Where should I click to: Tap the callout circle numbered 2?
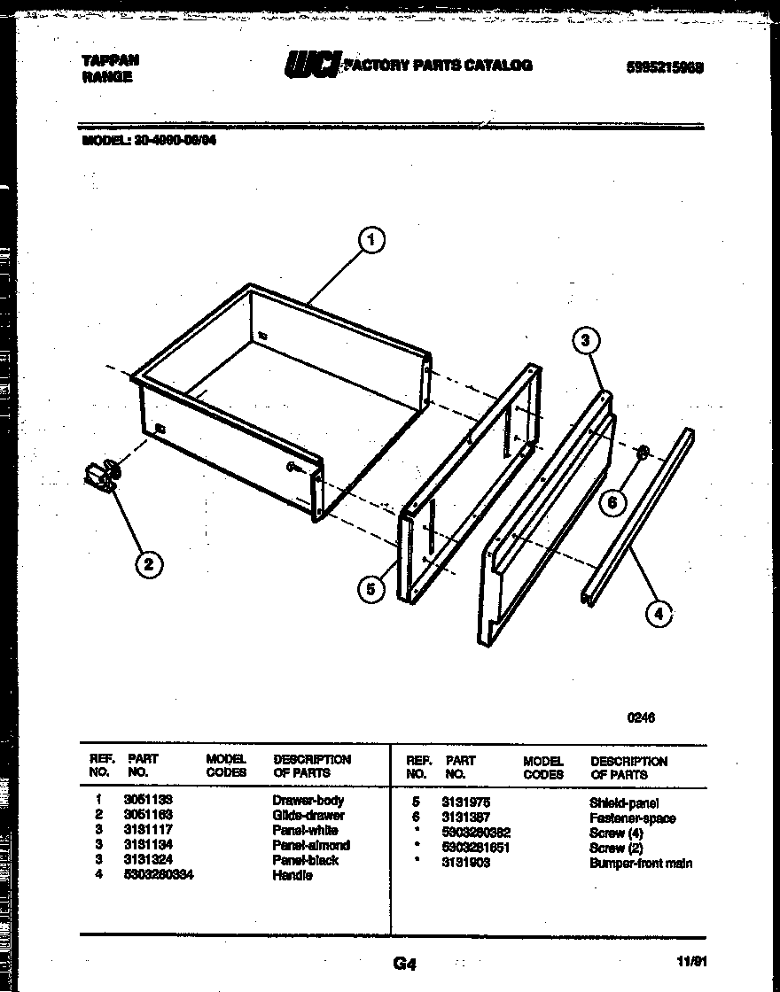pyautogui.click(x=148, y=563)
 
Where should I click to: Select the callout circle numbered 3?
pyautogui.click(x=586, y=340)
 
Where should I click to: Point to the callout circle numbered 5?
pyautogui.click(x=372, y=588)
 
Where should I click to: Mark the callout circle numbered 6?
pyautogui.click(x=610, y=503)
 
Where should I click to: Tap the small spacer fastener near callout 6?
pyautogui.click(x=642, y=453)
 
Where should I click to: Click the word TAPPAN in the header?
pyautogui.click(x=110, y=60)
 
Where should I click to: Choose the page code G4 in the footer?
pyautogui.click(x=403, y=964)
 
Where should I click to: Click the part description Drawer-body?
pyautogui.click(x=308, y=800)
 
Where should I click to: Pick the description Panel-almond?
pyautogui.click(x=310, y=845)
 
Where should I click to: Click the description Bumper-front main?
pyautogui.click(x=640, y=863)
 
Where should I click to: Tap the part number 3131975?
pyautogui.click(x=467, y=802)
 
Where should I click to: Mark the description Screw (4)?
pyautogui.click(x=615, y=833)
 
